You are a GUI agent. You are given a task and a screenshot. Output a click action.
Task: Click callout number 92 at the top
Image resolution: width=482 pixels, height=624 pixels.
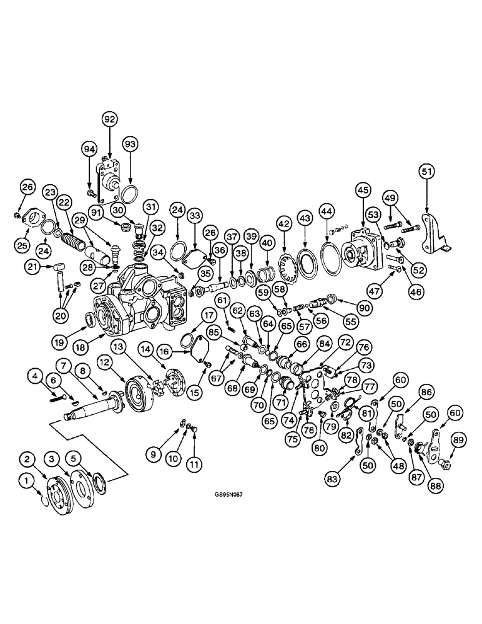coord(110,118)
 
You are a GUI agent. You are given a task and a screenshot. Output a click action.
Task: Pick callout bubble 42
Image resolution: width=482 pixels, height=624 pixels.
coord(283,222)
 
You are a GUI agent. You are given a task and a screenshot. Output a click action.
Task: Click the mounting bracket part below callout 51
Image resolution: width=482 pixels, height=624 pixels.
coord(435,233)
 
